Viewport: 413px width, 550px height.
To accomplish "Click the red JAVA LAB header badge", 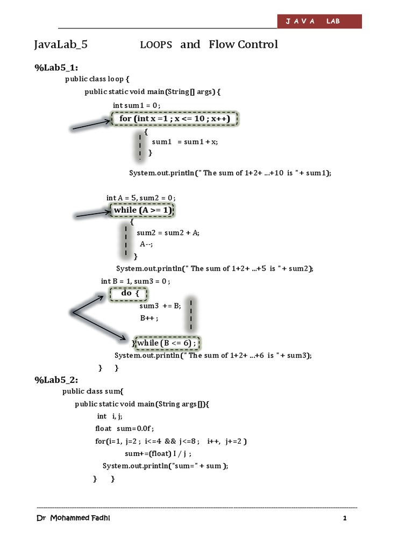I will pos(319,21).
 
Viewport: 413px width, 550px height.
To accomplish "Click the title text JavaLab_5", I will pos(61,45).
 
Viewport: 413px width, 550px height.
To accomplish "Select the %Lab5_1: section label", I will pos(56,67).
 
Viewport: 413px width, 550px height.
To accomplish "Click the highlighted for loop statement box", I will pos(175,118).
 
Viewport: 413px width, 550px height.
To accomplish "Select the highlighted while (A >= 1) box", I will pos(143,210).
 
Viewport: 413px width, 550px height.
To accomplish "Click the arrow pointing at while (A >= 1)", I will pos(92,215).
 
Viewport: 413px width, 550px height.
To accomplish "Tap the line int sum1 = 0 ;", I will pos(137,105).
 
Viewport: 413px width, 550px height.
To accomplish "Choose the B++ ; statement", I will pos(149,318).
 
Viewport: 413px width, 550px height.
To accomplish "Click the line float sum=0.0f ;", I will pos(124,429).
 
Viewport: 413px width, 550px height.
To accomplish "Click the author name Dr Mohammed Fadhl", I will pos(75,518).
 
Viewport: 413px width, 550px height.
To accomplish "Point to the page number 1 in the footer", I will pos(345,519).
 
